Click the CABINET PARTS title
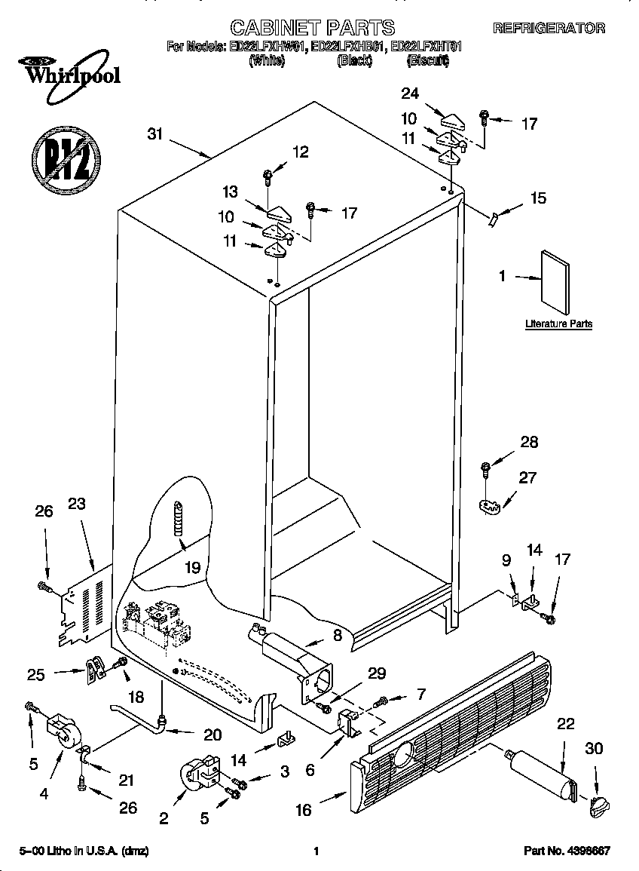coord(312,28)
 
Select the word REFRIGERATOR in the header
coord(549,29)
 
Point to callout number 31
coord(155,134)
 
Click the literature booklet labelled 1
coord(555,280)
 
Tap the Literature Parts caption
coord(558,324)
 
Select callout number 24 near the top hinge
coord(410,94)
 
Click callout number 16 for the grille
coord(303,811)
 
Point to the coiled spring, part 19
coord(179,519)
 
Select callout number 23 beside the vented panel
coord(78,505)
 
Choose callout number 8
coord(337,635)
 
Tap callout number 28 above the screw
coord(529,442)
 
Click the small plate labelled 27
coord(489,505)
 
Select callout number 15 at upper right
coord(538,198)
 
